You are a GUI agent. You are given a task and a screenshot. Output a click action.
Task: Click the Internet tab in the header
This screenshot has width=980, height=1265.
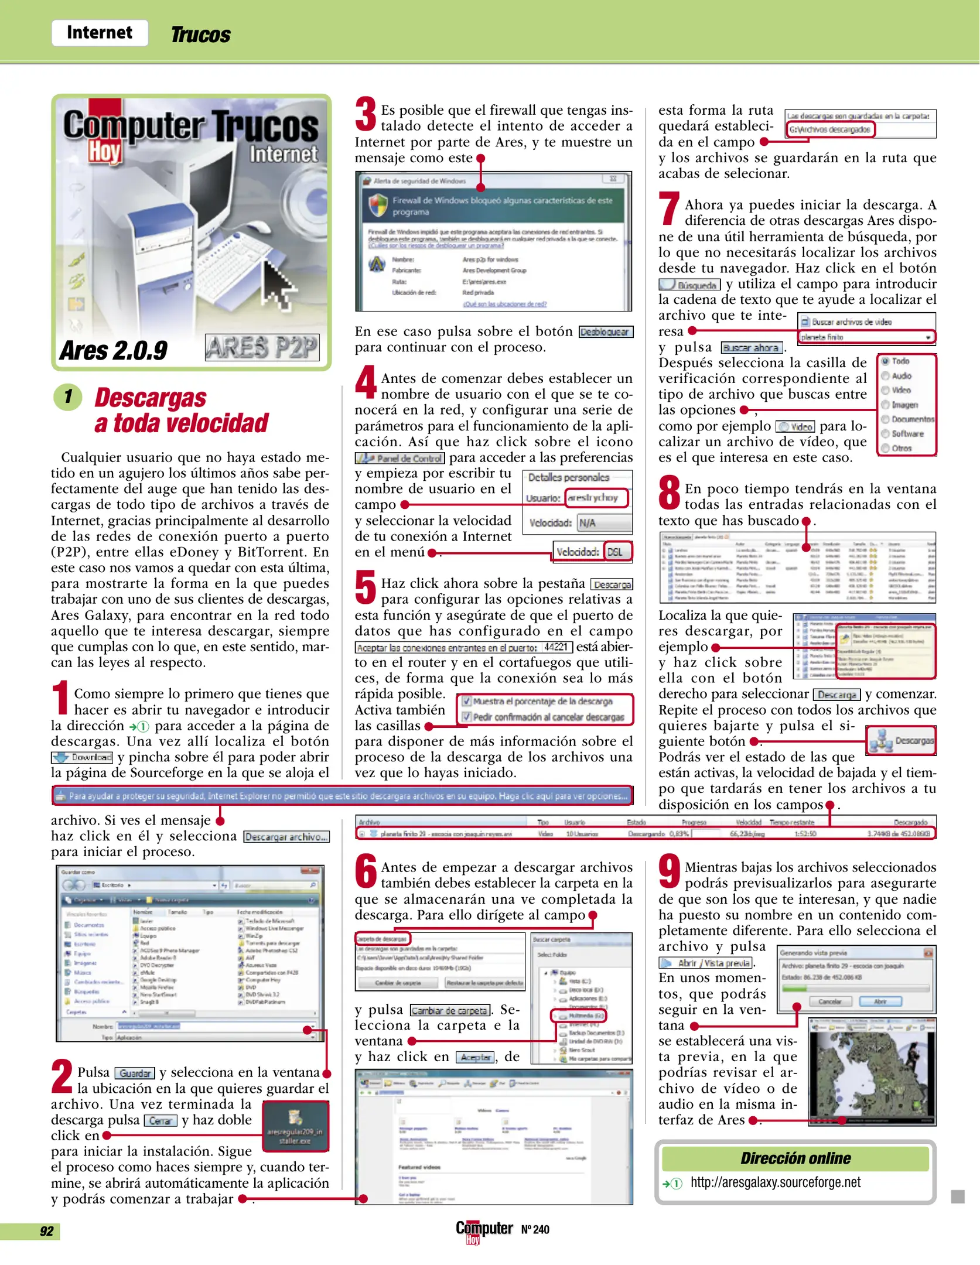tap(99, 33)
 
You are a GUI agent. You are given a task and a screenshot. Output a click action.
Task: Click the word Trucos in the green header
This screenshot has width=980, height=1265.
tap(200, 35)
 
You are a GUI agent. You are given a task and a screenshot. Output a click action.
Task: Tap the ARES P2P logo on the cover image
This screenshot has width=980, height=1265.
tap(262, 347)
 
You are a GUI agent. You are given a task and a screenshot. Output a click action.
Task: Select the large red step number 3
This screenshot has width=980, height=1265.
tap(366, 114)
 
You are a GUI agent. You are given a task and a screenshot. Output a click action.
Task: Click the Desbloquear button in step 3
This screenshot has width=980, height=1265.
tap(605, 332)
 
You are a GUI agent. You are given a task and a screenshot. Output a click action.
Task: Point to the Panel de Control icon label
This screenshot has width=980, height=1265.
tap(400, 459)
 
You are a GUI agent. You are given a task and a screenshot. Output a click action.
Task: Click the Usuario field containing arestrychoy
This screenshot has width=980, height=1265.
tap(596, 497)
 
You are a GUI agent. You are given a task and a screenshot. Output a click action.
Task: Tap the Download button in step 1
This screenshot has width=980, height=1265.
tap(82, 757)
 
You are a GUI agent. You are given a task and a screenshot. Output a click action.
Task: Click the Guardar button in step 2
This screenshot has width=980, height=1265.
tap(135, 1073)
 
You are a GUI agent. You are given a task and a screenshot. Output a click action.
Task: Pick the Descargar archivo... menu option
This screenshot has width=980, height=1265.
tap(286, 837)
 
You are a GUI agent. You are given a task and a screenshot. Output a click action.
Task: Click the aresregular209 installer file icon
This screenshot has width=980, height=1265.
tap(295, 1126)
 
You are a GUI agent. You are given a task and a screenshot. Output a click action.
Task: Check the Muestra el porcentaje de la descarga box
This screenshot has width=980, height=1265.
tap(467, 701)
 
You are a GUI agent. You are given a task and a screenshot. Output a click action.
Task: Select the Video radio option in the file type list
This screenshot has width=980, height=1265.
tap(886, 390)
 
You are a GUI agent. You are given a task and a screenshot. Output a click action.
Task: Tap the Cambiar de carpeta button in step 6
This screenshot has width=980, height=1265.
tap(450, 1010)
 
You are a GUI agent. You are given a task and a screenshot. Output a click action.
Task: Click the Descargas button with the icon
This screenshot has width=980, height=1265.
tap(901, 741)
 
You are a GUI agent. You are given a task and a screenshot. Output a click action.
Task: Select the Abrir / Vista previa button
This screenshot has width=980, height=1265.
tap(706, 963)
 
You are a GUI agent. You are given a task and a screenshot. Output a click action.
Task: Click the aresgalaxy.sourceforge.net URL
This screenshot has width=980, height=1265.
tap(775, 1182)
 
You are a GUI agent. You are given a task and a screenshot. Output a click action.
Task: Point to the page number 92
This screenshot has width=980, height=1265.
tap(47, 1231)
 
